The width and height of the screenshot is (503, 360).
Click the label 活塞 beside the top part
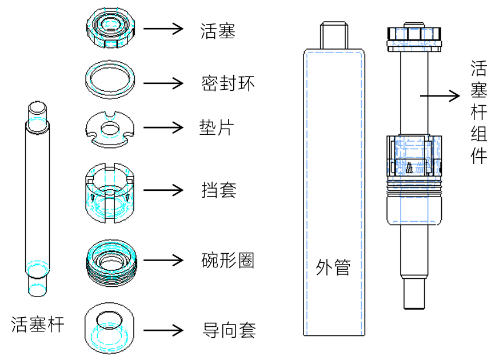point(218,30)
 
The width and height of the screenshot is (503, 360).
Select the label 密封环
point(227,83)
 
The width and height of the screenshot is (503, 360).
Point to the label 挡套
point(218,189)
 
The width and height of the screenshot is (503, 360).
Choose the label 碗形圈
point(227,261)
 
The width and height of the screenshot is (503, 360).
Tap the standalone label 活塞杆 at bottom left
point(38,325)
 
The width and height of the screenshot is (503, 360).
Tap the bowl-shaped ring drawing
point(111,262)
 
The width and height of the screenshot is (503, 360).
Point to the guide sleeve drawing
point(109,327)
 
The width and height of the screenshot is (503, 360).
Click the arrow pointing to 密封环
point(163,83)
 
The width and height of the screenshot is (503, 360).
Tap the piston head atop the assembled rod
point(415,36)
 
